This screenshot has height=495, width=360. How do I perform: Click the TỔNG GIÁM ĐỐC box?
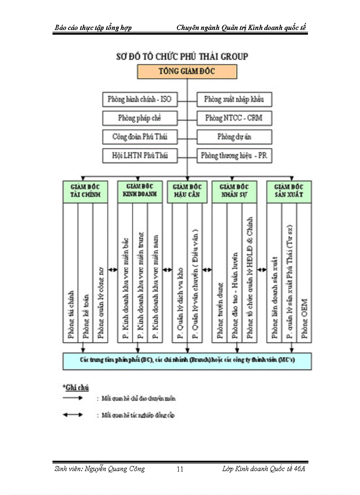tap(187, 71)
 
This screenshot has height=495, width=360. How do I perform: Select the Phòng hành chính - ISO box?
tap(139, 100)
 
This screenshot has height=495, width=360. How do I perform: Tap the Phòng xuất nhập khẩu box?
tap(234, 100)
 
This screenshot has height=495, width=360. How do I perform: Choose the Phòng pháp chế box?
tap(139, 118)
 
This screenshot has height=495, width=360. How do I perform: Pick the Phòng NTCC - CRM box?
tap(234, 118)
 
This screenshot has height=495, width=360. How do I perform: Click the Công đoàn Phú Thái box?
tap(139, 137)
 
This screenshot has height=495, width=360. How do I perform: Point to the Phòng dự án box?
tap(234, 137)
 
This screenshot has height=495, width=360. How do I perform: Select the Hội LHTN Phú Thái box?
tap(139, 156)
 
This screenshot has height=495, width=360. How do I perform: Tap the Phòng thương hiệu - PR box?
tap(234, 156)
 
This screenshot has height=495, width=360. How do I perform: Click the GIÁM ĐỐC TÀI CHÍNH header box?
tap(86, 191)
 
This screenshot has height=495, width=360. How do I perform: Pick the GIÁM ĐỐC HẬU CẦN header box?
tap(185, 191)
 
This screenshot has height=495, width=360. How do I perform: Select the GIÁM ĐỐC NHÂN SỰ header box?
tap(234, 191)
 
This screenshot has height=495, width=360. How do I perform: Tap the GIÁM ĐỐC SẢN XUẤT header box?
tap(289, 191)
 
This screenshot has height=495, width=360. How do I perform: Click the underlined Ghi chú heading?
tap(76, 387)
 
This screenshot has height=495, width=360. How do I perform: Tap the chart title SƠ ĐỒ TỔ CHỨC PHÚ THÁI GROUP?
tap(182, 56)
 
